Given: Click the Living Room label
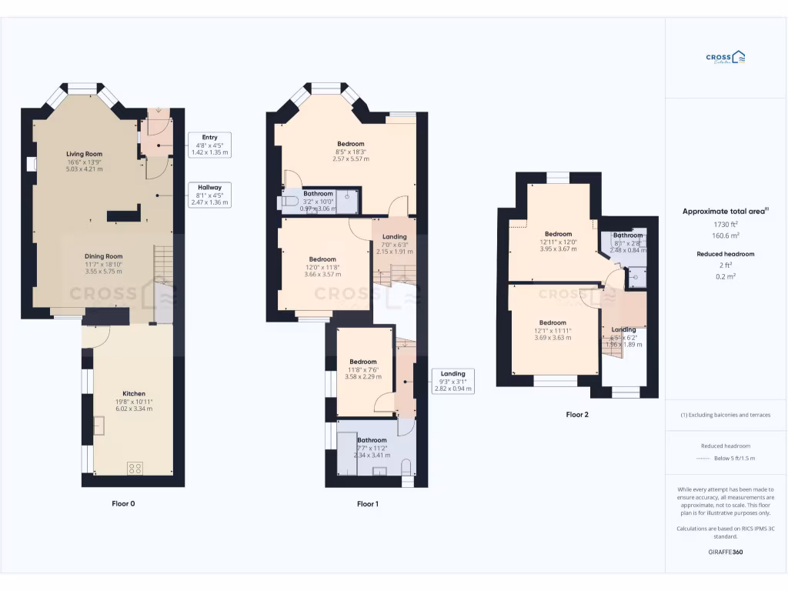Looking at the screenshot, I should point(84,154).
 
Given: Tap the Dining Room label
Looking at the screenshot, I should point(103,256).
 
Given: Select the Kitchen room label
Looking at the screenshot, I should point(134,393).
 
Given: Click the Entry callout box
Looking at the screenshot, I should point(209,145).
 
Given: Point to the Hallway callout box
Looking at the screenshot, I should point(209,195).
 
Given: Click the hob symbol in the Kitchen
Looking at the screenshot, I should point(134,467).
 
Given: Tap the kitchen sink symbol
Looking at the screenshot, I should point(99,424).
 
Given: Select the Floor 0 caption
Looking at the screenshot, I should point(123,504).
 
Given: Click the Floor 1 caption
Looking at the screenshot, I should point(368,504).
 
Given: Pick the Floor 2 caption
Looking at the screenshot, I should point(577,415).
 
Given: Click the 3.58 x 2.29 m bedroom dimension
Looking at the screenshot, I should point(363,376).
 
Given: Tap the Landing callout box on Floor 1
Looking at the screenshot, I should point(452,381).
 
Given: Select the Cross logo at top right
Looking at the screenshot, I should point(726,58).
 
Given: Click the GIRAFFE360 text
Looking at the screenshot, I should point(726,552).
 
